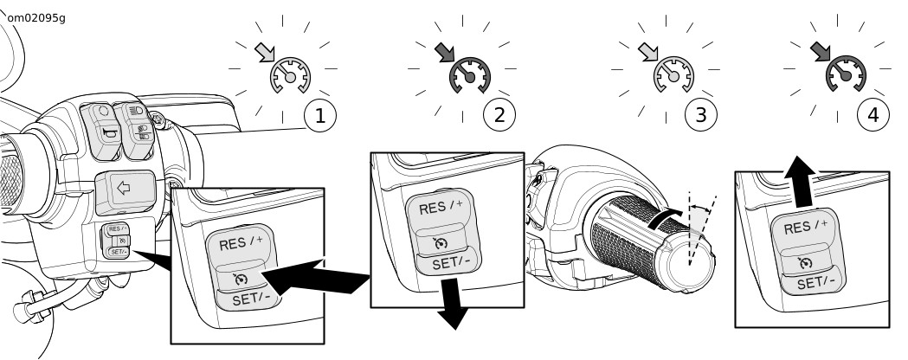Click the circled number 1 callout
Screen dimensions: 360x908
click(x=319, y=115)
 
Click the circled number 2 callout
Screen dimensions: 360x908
click(x=499, y=115)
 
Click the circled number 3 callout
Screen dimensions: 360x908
click(x=700, y=115)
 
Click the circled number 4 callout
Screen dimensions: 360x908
click(x=872, y=115)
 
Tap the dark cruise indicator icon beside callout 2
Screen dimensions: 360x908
click(x=469, y=76)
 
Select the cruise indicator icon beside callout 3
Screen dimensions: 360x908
click(x=673, y=76)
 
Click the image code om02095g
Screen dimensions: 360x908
click(x=36, y=17)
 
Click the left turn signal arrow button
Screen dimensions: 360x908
click(x=125, y=190)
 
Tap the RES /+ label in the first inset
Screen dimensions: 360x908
click(x=239, y=242)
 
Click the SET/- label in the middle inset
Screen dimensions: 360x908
click(x=450, y=261)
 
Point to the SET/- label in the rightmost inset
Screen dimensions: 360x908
click(x=815, y=282)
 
